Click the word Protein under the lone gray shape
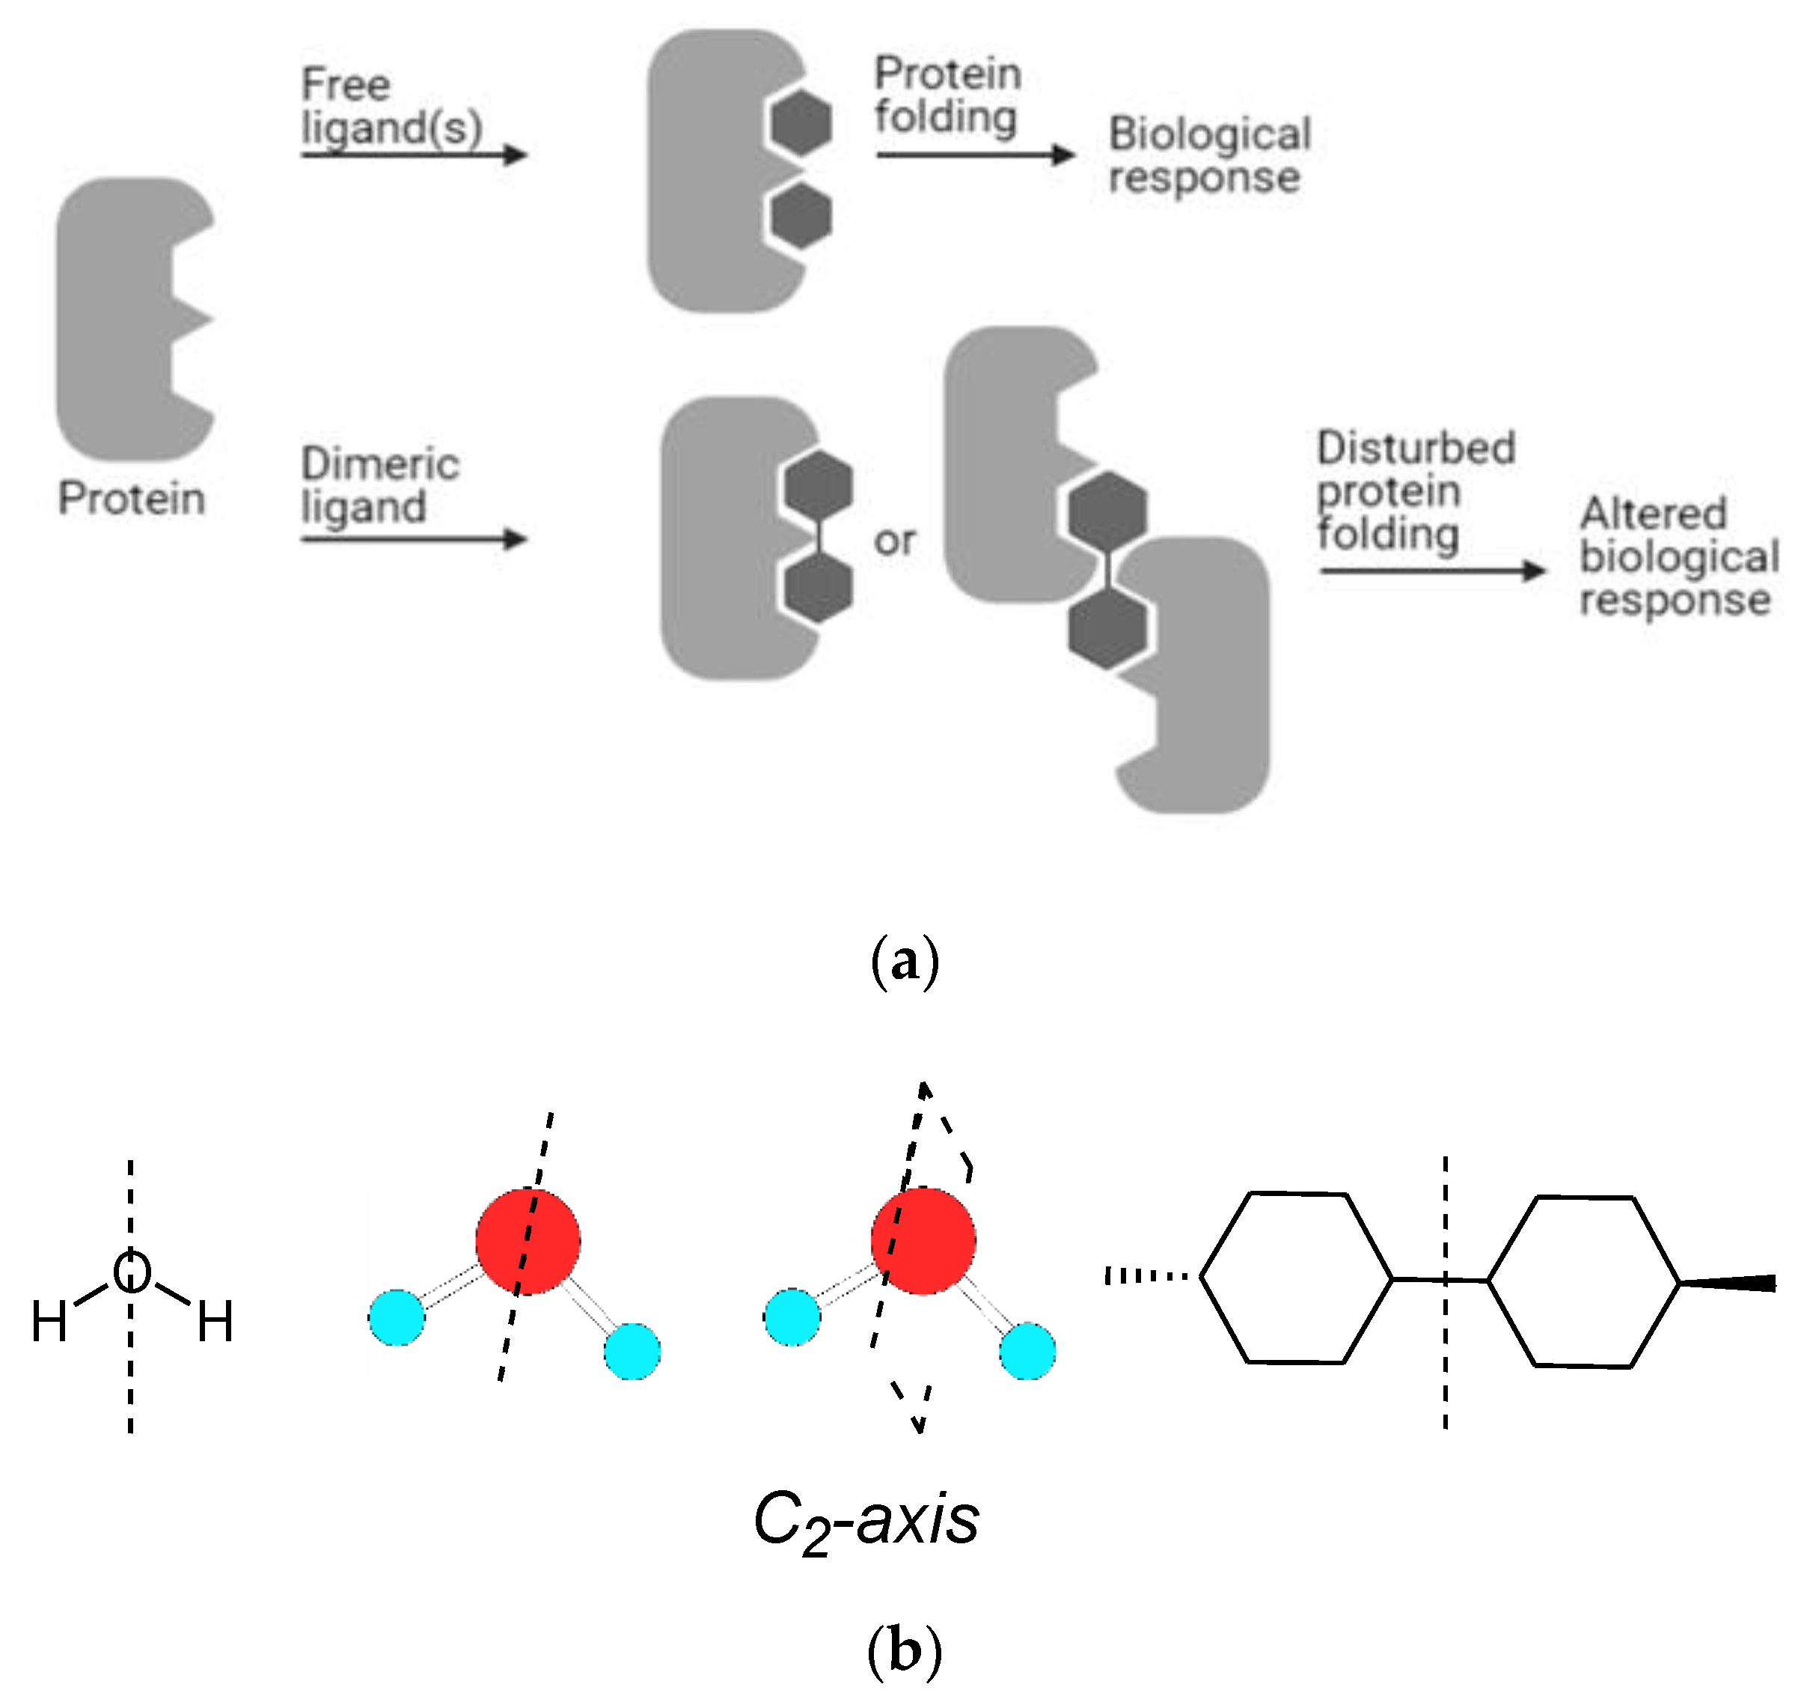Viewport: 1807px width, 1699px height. click(131, 498)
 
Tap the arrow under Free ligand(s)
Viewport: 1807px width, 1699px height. click(414, 154)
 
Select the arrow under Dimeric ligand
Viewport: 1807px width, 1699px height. click(414, 539)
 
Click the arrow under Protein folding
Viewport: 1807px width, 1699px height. click(974, 154)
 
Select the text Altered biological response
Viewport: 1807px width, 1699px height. click(1678, 556)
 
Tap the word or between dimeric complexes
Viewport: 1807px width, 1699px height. click(894, 541)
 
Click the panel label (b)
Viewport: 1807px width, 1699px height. click(905, 1650)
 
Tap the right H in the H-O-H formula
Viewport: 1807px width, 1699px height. click(215, 1322)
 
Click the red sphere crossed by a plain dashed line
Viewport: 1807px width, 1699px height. click(528, 1241)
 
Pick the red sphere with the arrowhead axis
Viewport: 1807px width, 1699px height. click(923, 1241)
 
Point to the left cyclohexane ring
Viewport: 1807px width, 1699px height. click(1296, 1277)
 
